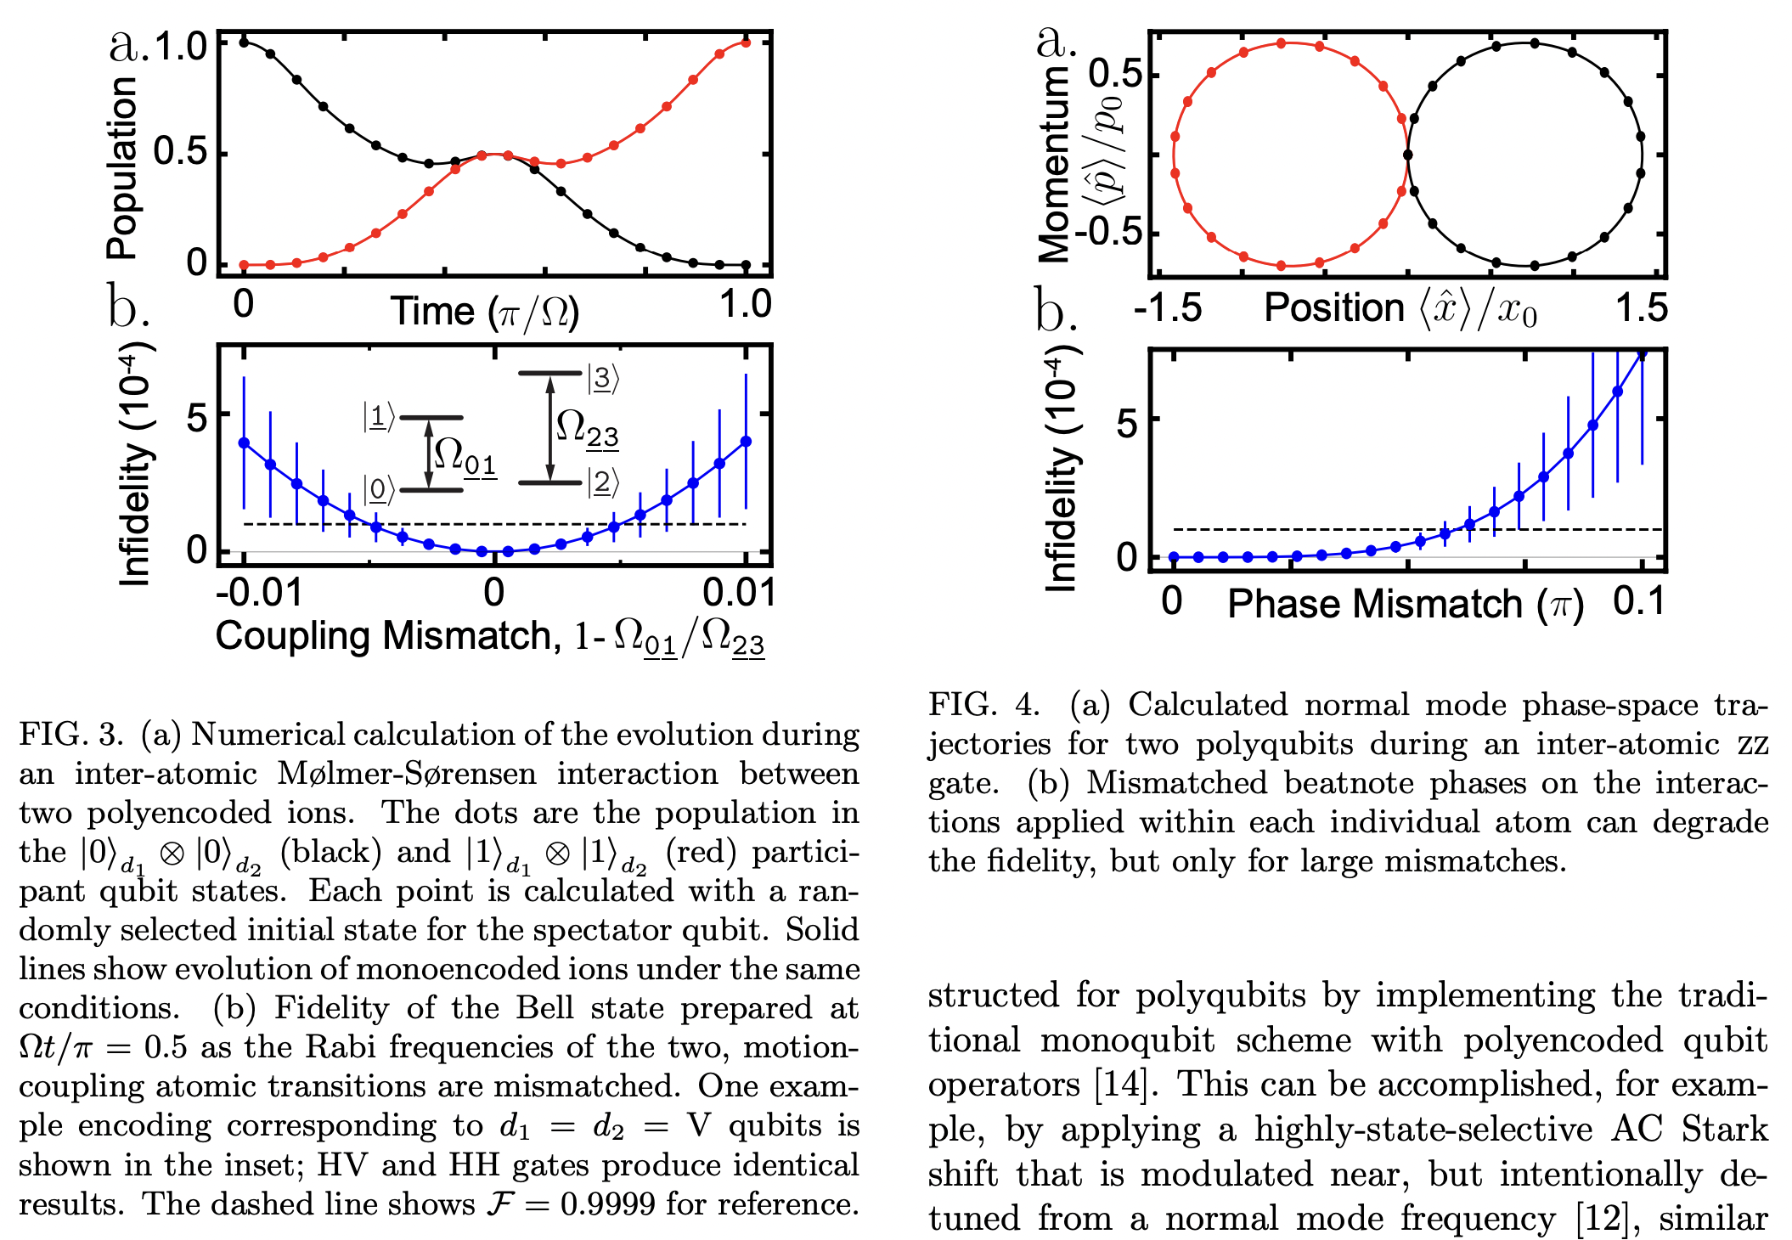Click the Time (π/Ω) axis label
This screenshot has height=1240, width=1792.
click(484, 312)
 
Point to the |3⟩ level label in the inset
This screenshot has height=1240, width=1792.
click(603, 379)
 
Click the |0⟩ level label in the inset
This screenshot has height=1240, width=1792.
click(379, 490)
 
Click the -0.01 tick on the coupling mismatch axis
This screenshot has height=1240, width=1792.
click(258, 592)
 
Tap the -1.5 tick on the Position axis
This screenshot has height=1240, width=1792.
click(1167, 308)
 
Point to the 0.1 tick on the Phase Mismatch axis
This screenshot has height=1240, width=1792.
click(1638, 601)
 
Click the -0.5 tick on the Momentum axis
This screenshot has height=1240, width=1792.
click(1109, 232)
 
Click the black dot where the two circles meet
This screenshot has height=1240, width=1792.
click(1407, 155)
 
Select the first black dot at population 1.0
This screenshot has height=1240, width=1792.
click(244, 42)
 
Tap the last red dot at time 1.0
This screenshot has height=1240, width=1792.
click(746, 42)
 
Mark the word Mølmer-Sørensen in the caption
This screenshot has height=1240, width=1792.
click(407, 774)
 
